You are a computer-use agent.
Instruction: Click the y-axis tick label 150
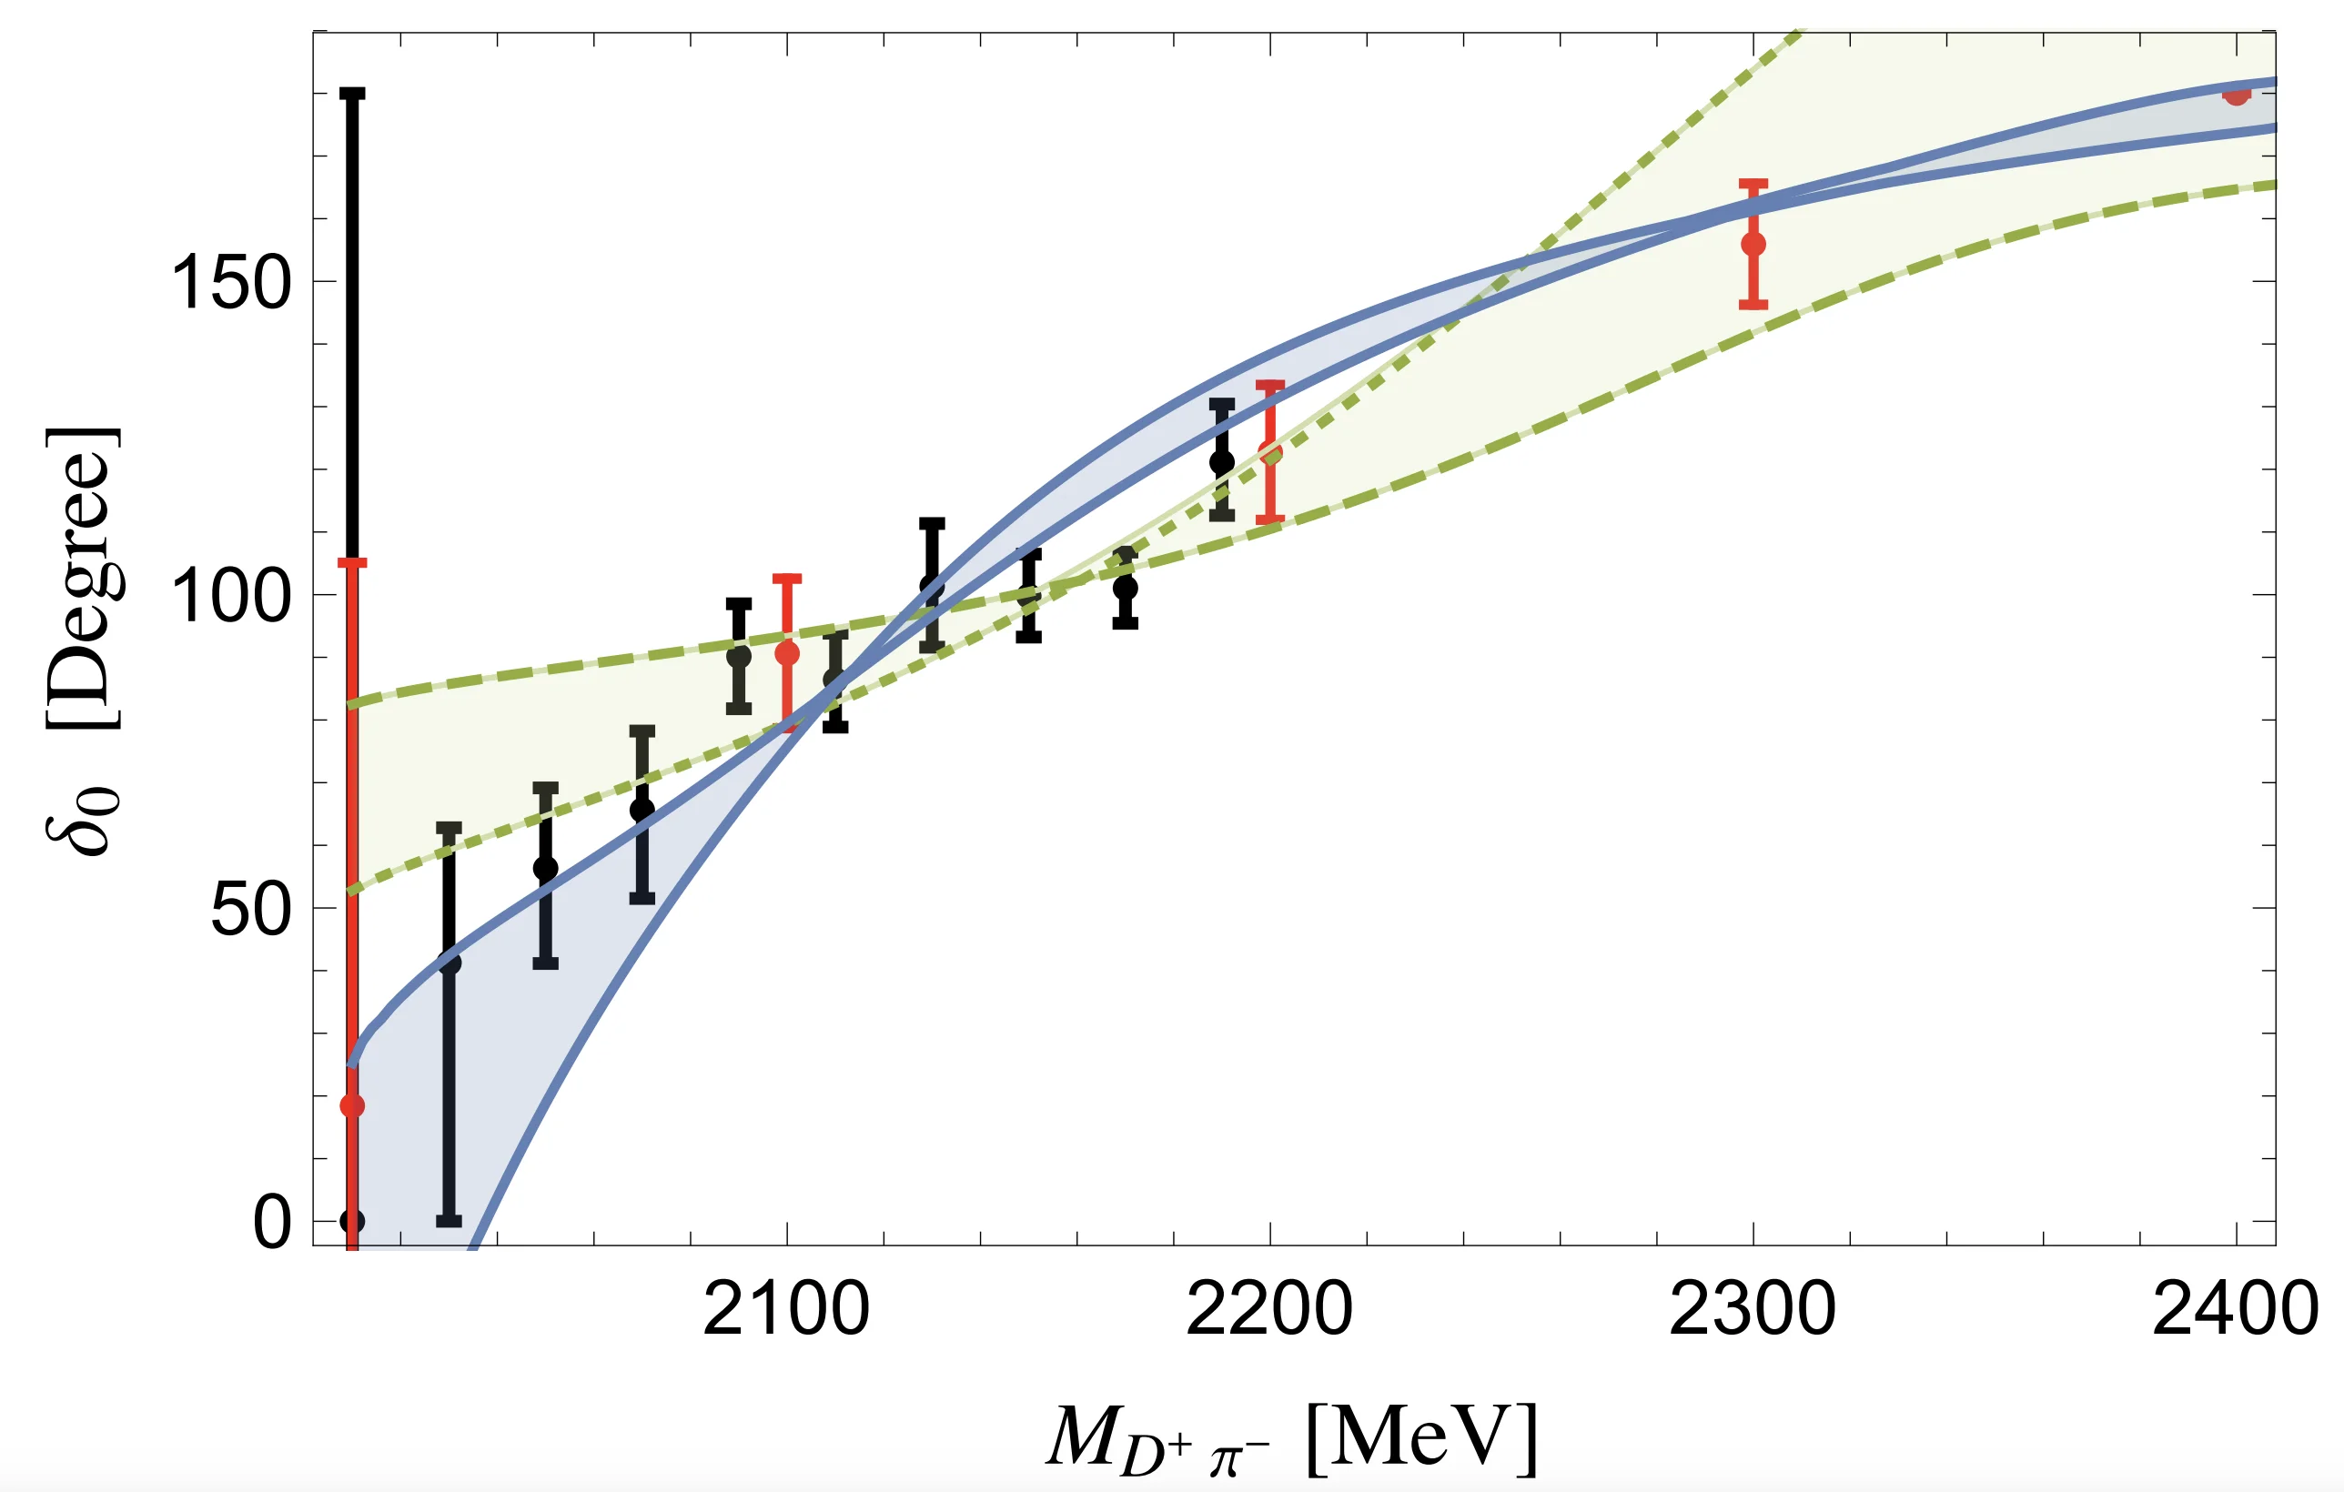tap(231, 283)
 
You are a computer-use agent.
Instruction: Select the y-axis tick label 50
tap(250, 910)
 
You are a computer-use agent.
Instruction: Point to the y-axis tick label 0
tap(271, 1223)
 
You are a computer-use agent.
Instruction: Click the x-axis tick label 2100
tap(785, 1310)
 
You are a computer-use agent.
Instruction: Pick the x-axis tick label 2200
tap(1269, 1310)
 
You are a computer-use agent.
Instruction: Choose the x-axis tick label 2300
tap(1753, 1310)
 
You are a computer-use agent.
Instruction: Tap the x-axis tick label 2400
tap(2235, 1310)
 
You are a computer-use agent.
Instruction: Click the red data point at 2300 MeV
tap(1753, 245)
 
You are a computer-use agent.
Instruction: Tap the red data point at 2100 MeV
tap(786, 653)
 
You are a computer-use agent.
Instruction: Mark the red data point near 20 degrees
tap(352, 1105)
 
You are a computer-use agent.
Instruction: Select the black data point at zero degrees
tap(352, 1221)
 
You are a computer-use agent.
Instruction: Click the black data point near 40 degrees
tap(449, 963)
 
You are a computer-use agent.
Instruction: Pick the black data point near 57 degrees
tap(545, 868)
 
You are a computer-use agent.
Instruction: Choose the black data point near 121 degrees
tap(1222, 462)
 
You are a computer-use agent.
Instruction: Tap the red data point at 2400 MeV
tap(2236, 95)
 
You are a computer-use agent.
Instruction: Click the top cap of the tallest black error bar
tap(352, 95)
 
